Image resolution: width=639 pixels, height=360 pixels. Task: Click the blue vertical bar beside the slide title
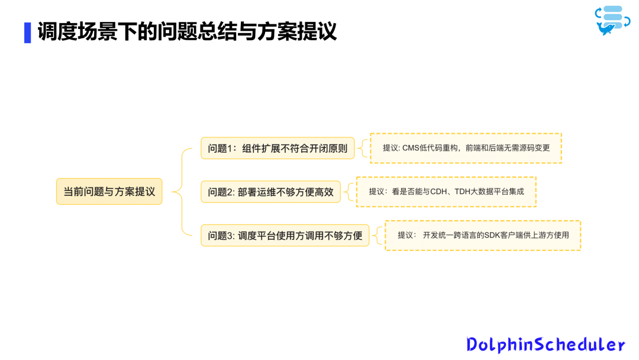[27, 32]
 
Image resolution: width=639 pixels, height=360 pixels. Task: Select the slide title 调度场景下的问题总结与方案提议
[187, 31]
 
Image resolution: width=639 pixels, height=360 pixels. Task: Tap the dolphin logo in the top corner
[612, 20]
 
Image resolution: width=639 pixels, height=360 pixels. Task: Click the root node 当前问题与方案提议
[109, 191]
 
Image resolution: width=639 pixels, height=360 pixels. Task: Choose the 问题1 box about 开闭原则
[277, 148]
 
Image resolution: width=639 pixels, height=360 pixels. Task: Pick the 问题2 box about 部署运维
[270, 192]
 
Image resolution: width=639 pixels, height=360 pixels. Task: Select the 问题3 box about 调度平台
[285, 235]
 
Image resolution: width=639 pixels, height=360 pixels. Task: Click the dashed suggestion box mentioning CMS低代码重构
[466, 148]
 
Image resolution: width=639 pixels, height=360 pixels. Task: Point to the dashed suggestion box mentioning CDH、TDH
[446, 191]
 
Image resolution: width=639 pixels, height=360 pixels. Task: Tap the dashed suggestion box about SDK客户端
[483, 235]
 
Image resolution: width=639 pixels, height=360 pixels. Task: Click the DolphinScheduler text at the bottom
[545, 345]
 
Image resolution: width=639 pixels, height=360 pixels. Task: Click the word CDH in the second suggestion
[438, 191]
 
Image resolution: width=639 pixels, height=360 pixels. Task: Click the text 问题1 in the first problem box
[221, 148]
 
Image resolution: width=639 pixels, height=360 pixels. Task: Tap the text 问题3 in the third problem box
[221, 235]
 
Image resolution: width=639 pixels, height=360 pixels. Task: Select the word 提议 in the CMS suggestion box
[390, 148]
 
